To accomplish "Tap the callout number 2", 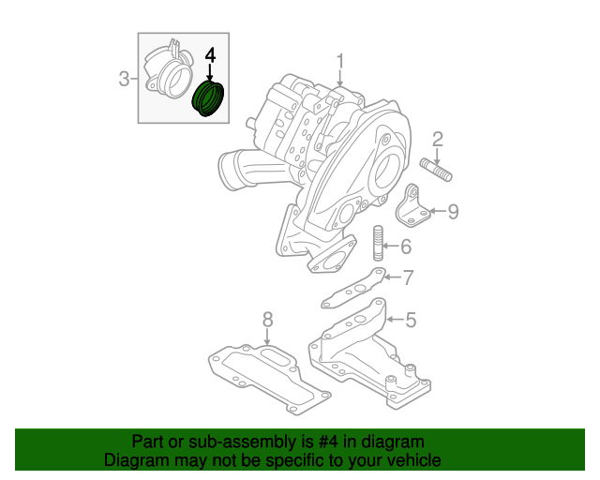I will (437, 141).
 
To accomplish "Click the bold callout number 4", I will (210, 57).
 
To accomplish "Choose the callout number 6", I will (405, 247).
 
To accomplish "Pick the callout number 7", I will (407, 277).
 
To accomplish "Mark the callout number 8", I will (266, 319).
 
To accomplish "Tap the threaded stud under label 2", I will (437, 172).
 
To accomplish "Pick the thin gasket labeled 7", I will (353, 289).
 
